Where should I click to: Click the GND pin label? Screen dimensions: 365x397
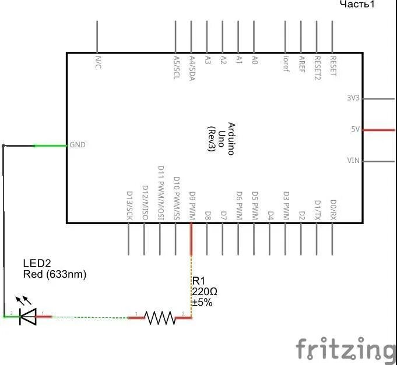78,144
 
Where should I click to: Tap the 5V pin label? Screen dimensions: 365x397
355,129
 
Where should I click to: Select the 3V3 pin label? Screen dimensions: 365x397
353,98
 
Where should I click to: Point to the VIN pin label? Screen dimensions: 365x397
353,160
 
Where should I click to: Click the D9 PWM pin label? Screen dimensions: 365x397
192,204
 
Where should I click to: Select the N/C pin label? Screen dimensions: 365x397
97,62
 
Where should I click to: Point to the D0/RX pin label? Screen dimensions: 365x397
333,209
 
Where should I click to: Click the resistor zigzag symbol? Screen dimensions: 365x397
160,317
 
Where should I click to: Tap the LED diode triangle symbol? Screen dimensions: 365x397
27,317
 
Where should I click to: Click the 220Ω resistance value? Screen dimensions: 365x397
205,292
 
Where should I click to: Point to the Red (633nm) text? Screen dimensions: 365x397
54,274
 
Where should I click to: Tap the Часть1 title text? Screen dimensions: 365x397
357,5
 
